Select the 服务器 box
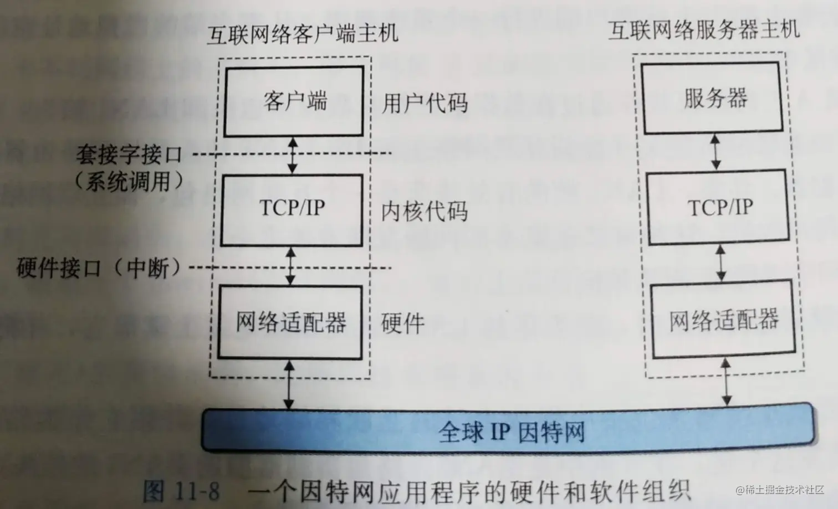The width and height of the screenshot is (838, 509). [x=716, y=99]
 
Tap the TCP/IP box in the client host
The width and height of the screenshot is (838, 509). [x=292, y=209]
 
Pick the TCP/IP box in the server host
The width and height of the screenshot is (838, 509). [x=719, y=208]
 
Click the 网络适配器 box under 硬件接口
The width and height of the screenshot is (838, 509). [x=291, y=321]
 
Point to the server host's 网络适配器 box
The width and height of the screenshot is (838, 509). [x=723, y=321]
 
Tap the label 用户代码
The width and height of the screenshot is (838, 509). [x=424, y=103]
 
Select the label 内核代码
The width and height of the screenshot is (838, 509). [x=424, y=212]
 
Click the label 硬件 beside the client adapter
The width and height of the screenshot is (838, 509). [x=403, y=323]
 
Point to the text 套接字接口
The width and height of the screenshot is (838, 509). [x=129, y=154]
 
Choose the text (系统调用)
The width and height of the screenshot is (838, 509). [x=129, y=181]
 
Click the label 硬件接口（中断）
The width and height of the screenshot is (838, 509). [x=100, y=268]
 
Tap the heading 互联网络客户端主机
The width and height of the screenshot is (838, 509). [x=302, y=34]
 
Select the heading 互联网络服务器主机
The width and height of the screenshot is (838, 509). [x=704, y=29]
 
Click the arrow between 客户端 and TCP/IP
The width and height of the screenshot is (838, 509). [x=293, y=155]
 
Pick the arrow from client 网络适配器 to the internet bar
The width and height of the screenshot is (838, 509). [x=288, y=384]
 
